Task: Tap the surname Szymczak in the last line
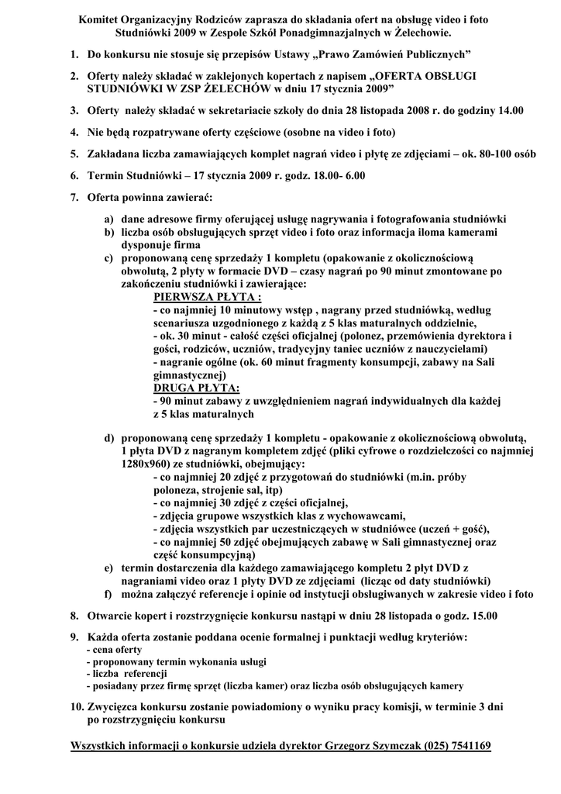[x=390, y=746]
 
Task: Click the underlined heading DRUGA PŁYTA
[x=197, y=388]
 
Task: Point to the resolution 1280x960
[x=143, y=463]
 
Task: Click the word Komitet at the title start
[x=101, y=19]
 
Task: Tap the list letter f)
[x=109, y=594]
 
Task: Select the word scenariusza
[x=186, y=323]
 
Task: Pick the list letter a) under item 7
[x=109, y=219]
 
